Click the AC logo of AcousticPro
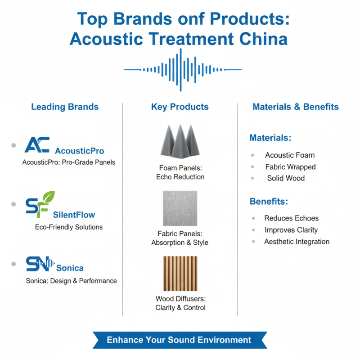37,145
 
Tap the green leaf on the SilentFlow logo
48,198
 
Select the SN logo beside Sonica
39,264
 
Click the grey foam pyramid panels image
180,139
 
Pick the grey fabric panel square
180,208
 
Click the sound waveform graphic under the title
182,70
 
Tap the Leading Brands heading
65,107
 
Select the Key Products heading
180,107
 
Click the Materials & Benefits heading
296,107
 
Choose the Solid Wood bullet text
286,178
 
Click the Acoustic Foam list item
290,155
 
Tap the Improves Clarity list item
291,230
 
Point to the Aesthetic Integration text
297,242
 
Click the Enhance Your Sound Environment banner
179,340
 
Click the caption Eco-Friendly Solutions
69,227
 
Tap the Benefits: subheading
269,202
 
